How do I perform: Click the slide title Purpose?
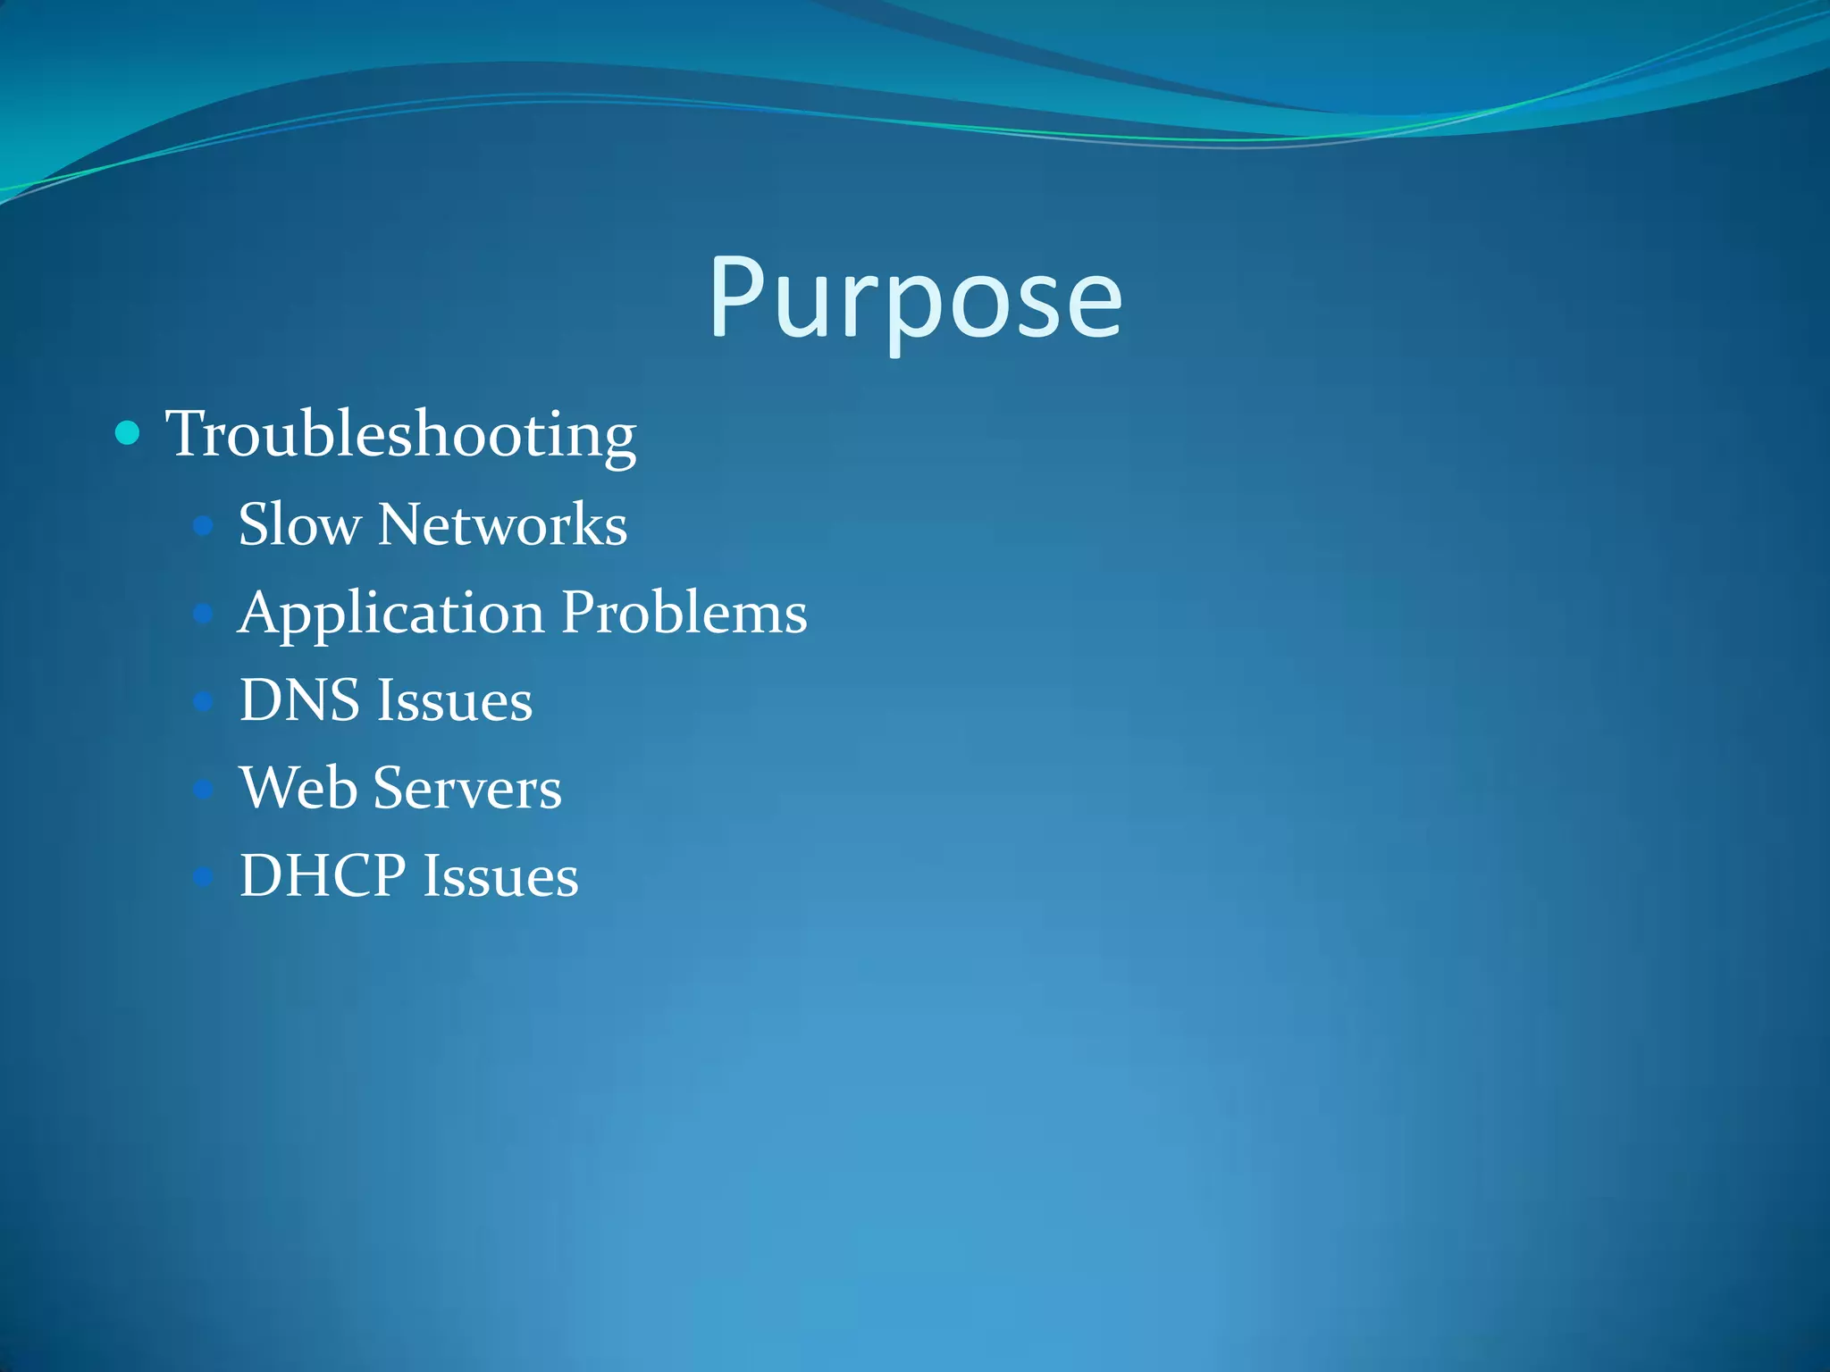[x=915, y=299]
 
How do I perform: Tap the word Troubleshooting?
[x=401, y=435]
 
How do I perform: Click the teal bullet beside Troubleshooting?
[x=128, y=433]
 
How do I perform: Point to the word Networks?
[x=502, y=524]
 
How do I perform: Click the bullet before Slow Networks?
[x=204, y=525]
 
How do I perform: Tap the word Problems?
[x=684, y=613]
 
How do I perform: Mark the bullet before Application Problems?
[x=204, y=614]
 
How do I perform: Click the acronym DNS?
[x=299, y=700]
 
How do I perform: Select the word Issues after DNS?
[x=455, y=700]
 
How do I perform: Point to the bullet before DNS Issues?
[x=204, y=701]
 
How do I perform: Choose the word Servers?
[x=467, y=788]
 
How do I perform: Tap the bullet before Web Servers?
[x=204, y=789]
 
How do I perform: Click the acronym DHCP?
[x=323, y=875]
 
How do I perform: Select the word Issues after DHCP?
[x=501, y=875]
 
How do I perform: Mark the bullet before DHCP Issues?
[x=204, y=876]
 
